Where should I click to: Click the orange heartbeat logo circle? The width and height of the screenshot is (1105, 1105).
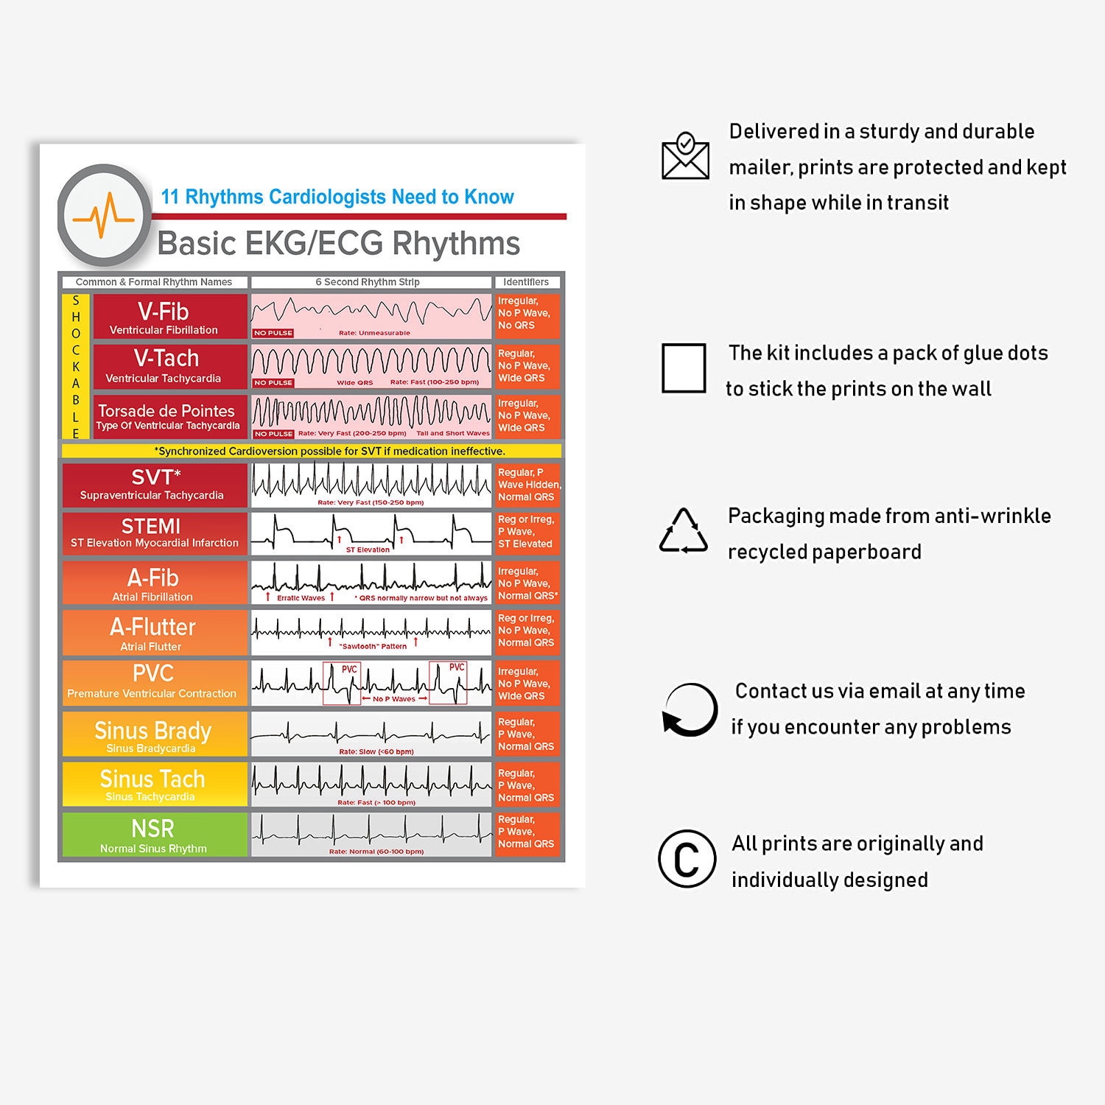click(x=105, y=215)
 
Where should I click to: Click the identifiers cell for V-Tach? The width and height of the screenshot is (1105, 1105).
click(x=527, y=366)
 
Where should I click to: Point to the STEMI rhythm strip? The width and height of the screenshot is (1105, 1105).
click(x=371, y=533)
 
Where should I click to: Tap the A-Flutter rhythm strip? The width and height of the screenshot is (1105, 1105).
click(x=371, y=632)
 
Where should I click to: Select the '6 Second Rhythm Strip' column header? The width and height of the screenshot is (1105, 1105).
click(x=368, y=282)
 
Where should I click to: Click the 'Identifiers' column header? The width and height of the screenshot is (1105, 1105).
click(x=526, y=282)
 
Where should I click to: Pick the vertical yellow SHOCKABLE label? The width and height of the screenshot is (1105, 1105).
click(x=76, y=367)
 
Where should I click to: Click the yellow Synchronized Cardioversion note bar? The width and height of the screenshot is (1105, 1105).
click(x=312, y=451)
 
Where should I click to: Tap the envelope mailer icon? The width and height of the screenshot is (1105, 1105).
click(x=685, y=156)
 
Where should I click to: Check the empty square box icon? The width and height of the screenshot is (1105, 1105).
click(x=684, y=368)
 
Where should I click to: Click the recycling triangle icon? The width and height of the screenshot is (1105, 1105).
click(x=684, y=531)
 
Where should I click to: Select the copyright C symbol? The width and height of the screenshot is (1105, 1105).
click(x=687, y=859)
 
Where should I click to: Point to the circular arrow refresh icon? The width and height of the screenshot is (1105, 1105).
click(x=690, y=710)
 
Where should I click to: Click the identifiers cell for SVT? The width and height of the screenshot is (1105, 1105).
click(x=527, y=485)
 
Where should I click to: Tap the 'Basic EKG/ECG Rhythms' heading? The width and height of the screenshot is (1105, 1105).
click(x=339, y=244)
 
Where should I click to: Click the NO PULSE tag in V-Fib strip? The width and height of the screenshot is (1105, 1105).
click(x=273, y=333)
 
